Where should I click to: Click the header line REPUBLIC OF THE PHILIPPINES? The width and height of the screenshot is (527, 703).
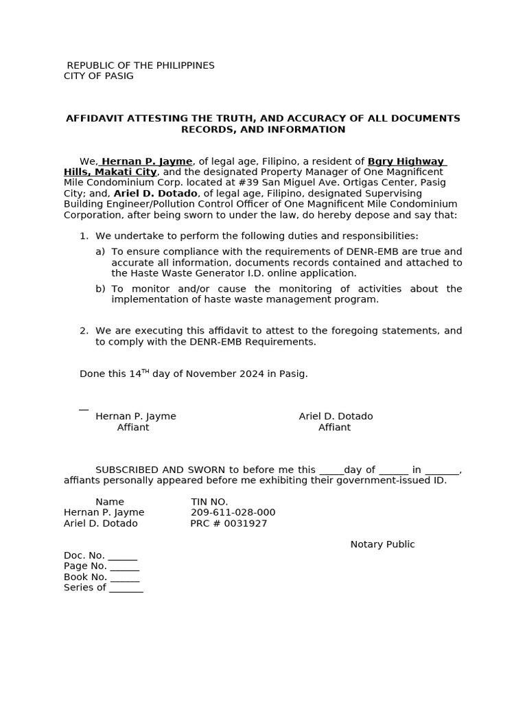pyautogui.click(x=140, y=65)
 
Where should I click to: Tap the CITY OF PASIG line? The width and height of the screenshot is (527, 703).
pyautogui.click(x=99, y=76)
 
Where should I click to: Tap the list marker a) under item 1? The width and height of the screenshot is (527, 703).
pyautogui.click(x=100, y=252)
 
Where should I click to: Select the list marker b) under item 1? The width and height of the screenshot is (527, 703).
pyautogui.click(x=100, y=289)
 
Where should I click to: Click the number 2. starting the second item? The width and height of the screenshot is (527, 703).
pyautogui.click(x=84, y=331)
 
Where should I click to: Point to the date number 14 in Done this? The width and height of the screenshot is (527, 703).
pyautogui.click(x=134, y=374)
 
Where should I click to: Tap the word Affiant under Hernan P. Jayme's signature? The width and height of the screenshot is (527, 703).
pyautogui.click(x=133, y=428)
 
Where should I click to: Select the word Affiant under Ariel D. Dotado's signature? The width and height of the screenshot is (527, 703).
pyautogui.click(x=334, y=428)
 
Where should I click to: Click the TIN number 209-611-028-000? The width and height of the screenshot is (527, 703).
pyautogui.click(x=233, y=513)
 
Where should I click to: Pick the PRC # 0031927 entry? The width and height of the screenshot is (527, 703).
pyautogui.click(x=229, y=524)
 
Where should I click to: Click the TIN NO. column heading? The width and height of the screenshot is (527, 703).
pyautogui.click(x=209, y=502)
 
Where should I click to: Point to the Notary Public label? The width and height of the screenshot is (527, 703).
pyautogui.click(x=382, y=544)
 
